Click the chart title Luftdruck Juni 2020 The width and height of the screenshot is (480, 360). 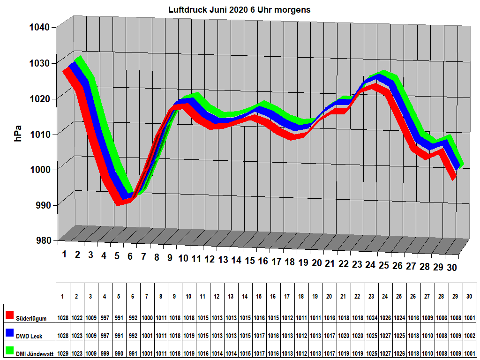click(x=239, y=9)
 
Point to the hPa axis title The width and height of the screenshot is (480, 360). click(x=18, y=133)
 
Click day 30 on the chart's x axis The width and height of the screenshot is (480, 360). click(x=452, y=268)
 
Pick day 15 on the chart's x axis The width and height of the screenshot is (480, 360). click(x=250, y=261)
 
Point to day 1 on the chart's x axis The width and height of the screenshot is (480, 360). click(x=65, y=255)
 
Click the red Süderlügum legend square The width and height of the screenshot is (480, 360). click(x=9, y=314)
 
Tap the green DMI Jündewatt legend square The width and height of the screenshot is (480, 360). click(x=9, y=350)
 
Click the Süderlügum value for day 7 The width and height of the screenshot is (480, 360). click(x=147, y=318)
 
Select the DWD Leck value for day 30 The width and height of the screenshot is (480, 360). click(x=470, y=336)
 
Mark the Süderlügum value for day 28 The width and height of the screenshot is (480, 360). click(x=442, y=318)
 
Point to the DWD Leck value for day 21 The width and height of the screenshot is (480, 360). click(x=343, y=336)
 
